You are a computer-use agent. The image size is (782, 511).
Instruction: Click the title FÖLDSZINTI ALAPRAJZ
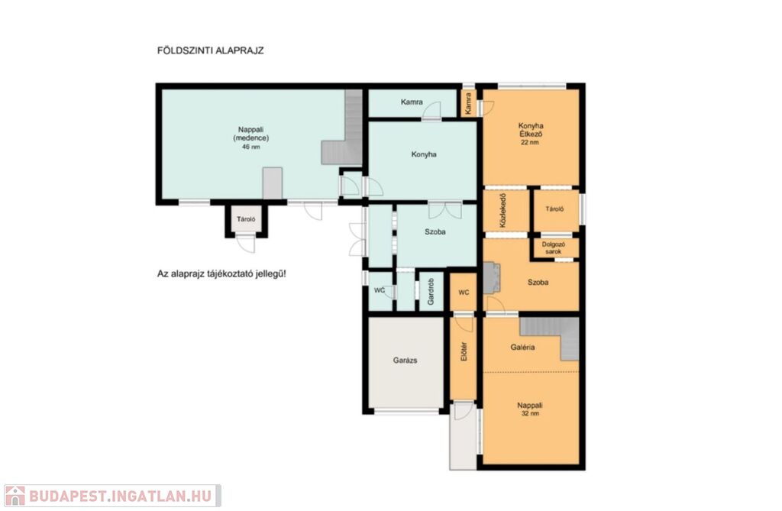[210, 50]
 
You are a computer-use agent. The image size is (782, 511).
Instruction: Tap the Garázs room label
[405, 361]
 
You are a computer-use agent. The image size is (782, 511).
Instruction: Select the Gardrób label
[431, 292]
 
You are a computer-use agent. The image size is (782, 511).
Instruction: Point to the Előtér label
[464, 351]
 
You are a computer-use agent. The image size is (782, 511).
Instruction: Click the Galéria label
[522, 348]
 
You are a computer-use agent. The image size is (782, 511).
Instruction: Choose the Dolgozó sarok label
[553, 248]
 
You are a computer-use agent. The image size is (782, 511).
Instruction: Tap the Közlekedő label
[502, 211]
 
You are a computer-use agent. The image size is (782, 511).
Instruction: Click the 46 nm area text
[250, 147]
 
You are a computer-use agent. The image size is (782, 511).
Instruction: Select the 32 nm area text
[530, 414]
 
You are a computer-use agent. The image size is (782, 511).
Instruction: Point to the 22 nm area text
[530, 143]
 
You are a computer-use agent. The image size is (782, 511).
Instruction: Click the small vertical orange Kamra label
[468, 103]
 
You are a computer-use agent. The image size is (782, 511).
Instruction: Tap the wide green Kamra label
[412, 102]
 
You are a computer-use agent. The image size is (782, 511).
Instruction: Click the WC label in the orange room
[464, 293]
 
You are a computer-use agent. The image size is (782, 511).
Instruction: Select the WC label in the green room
[380, 290]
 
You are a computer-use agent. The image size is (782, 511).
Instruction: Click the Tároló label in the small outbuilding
[246, 219]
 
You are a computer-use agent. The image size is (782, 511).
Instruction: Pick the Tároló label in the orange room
[554, 209]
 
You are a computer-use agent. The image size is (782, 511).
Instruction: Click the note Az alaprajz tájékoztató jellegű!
[221, 274]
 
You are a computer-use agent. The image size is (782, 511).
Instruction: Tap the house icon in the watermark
[15, 496]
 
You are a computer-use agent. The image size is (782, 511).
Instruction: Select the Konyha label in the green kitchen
[424, 155]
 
